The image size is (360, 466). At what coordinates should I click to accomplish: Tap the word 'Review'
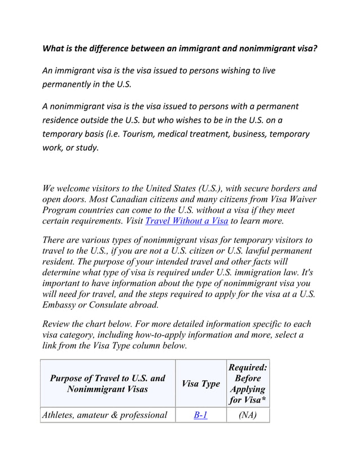58,324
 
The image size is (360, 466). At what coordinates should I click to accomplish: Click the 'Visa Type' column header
201,384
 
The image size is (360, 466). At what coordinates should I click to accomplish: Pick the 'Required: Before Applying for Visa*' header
247,384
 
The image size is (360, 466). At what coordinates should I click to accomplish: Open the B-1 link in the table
201,415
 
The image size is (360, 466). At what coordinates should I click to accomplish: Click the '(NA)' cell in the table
247,415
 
